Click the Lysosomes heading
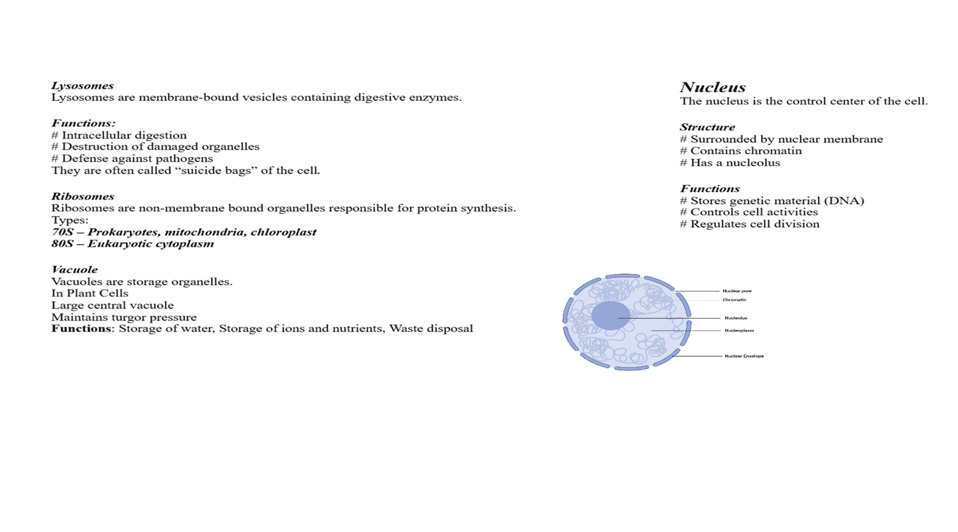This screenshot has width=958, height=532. click(82, 86)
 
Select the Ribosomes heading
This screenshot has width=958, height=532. click(82, 197)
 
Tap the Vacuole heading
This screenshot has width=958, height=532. click(75, 270)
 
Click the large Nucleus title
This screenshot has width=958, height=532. click(713, 88)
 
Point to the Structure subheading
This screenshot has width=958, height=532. click(707, 128)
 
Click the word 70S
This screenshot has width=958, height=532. click(62, 232)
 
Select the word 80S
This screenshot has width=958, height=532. click(62, 244)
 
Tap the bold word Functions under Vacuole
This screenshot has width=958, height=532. click(81, 329)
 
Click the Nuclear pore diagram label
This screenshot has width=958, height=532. click(737, 291)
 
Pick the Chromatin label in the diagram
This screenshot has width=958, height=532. click(734, 300)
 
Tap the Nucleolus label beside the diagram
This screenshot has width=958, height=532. click(736, 318)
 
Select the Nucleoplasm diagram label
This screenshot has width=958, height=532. click(739, 331)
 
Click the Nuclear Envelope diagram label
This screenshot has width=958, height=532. click(744, 356)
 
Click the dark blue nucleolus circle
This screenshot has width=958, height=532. click(610, 316)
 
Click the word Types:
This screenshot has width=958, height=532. click(70, 220)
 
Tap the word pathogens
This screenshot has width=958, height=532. click(186, 159)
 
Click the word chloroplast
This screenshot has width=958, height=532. click(283, 232)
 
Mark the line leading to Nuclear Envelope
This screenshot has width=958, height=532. click(699, 356)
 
